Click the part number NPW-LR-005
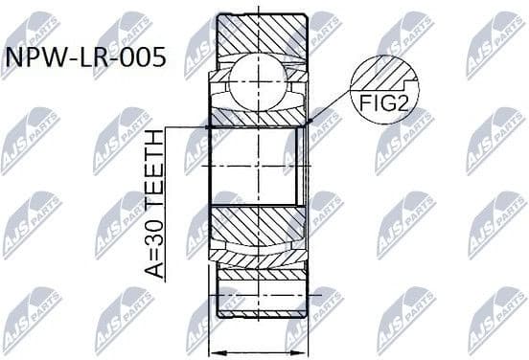click(x=84, y=58)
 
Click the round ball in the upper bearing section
click(x=257, y=78)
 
